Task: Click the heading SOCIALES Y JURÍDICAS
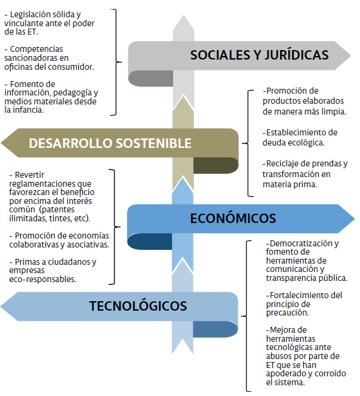[259, 55]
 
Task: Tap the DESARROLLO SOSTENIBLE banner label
[110, 143]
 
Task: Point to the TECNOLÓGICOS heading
[138, 307]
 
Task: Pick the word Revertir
[31, 175]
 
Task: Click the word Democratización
[304, 243]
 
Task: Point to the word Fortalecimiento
[296, 295]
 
